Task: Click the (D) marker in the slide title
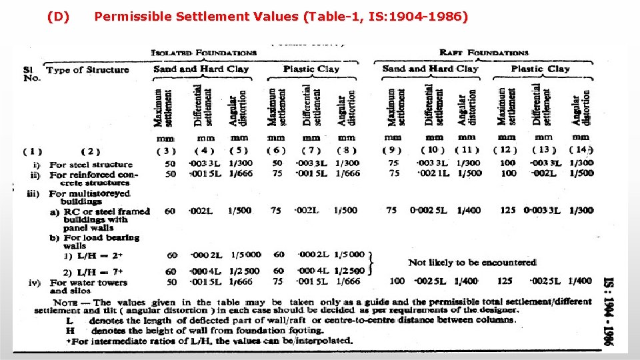click(x=59, y=16)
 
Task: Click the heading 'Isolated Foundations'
click(x=204, y=53)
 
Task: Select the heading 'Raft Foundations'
click(x=485, y=53)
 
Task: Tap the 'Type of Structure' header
click(x=87, y=70)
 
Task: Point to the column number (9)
click(x=393, y=150)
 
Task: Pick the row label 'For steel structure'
click(x=91, y=165)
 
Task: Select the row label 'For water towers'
click(x=88, y=283)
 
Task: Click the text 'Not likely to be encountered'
click(x=472, y=263)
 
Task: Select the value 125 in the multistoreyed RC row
click(x=507, y=211)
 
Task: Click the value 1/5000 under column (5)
click(x=246, y=254)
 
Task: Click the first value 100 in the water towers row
click(x=396, y=281)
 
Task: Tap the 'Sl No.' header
click(x=28, y=73)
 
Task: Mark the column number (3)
click(x=170, y=151)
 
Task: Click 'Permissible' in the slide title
click(x=129, y=16)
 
